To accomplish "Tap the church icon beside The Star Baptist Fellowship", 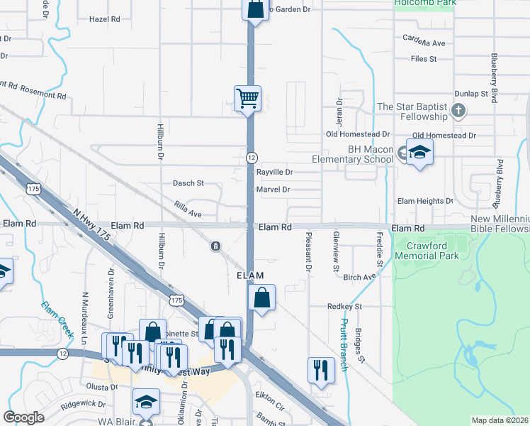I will [458, 111].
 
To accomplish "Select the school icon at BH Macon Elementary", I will [419, 152].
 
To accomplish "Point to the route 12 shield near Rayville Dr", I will [252, 157].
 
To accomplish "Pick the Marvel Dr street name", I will [274, 190].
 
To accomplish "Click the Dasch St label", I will [188, 183].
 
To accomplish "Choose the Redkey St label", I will [345, 307].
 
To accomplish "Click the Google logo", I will [24, 417].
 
